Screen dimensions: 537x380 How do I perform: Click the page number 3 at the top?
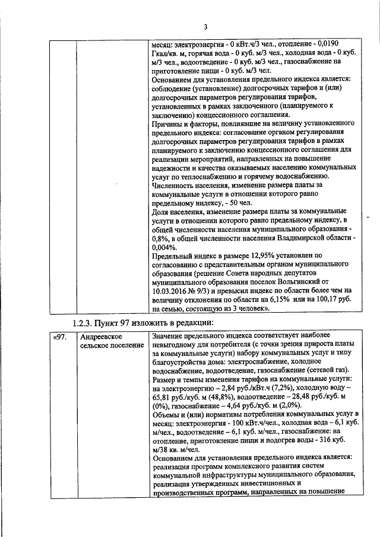(205, 27)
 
